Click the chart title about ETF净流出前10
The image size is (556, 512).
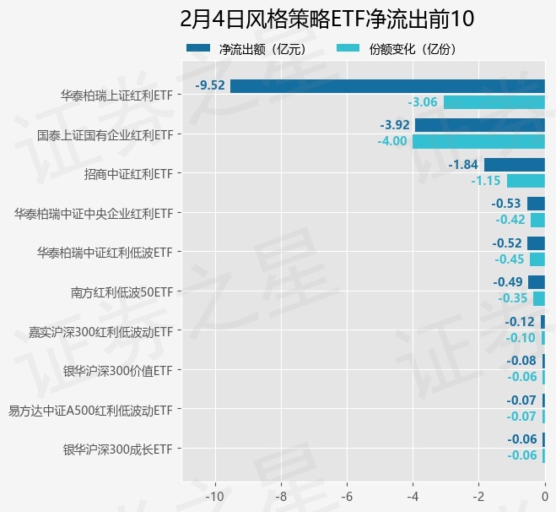[x=327, y=19]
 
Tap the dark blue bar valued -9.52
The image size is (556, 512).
[x=387, y=86]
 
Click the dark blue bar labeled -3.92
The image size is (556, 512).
[x=480, y=125]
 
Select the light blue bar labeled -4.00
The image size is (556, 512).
[x=478, y=141]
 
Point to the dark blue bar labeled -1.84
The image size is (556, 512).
[x=514, y=165]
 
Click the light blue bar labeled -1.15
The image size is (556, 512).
[x=526, y=181]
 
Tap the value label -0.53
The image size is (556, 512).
[x=506, y=204]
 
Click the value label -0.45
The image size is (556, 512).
[x=509, y=259]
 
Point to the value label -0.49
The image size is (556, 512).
[x=508, y=282]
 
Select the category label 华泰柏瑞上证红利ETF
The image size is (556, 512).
[x=116, y=95]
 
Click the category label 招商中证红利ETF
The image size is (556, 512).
[x=128, y=174]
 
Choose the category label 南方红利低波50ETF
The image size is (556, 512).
[x=121, y=292]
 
